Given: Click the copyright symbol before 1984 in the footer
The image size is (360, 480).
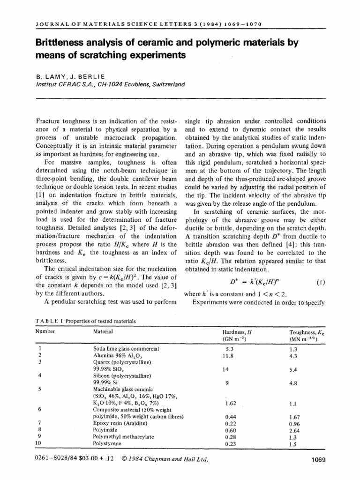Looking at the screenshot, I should point(124,460).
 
